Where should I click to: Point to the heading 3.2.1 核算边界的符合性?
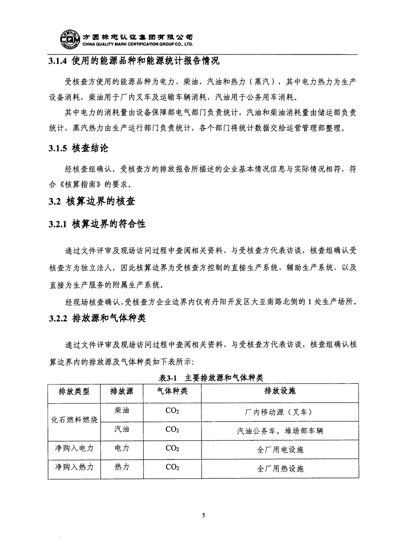click(97, 224)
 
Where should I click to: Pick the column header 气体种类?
click(172, 391)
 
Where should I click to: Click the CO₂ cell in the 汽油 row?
click(172, 430)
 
